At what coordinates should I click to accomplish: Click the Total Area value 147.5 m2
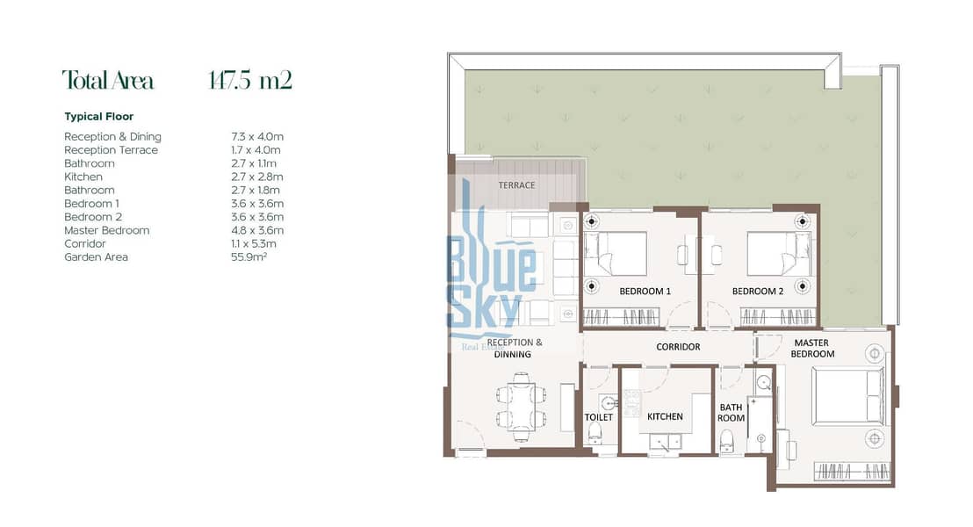[x=250, y=80]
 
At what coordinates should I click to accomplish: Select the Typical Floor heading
[x=98, y=117]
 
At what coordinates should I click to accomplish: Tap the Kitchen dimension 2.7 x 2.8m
[x=257, y=177]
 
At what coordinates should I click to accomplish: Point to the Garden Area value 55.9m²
[x=249, y=257]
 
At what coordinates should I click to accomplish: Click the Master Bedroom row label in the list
[x=107, y=230]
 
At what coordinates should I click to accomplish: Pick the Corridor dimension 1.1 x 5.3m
[x=253, y=244]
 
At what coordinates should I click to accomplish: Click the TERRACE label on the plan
[x=516, y=185]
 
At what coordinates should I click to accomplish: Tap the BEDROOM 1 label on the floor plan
[x=645, y=291]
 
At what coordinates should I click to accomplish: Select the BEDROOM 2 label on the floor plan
[x=758, y=291]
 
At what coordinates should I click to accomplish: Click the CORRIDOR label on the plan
[x=678, y=347]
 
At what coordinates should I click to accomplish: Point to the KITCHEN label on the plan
[x=665, y=416]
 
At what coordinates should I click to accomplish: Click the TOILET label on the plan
[x=598, y=417]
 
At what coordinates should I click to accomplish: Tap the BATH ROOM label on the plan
[x=731, y=413]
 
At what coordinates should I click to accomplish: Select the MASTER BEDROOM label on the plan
[x=812, y=348]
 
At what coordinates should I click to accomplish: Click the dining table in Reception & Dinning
[x=522, y=407]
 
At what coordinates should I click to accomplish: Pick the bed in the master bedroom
[x=848, y=397]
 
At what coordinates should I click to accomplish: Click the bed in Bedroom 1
[x=616, y=254]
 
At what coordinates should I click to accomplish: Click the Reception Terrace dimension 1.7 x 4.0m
[x=256, y=150]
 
